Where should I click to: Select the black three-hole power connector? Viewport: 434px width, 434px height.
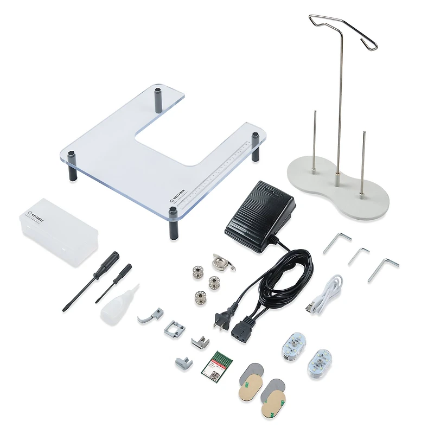tap(240, 329)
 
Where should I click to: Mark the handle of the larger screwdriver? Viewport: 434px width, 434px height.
tap(111, 263)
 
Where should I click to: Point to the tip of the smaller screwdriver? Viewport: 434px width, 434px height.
tap(97, 301)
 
